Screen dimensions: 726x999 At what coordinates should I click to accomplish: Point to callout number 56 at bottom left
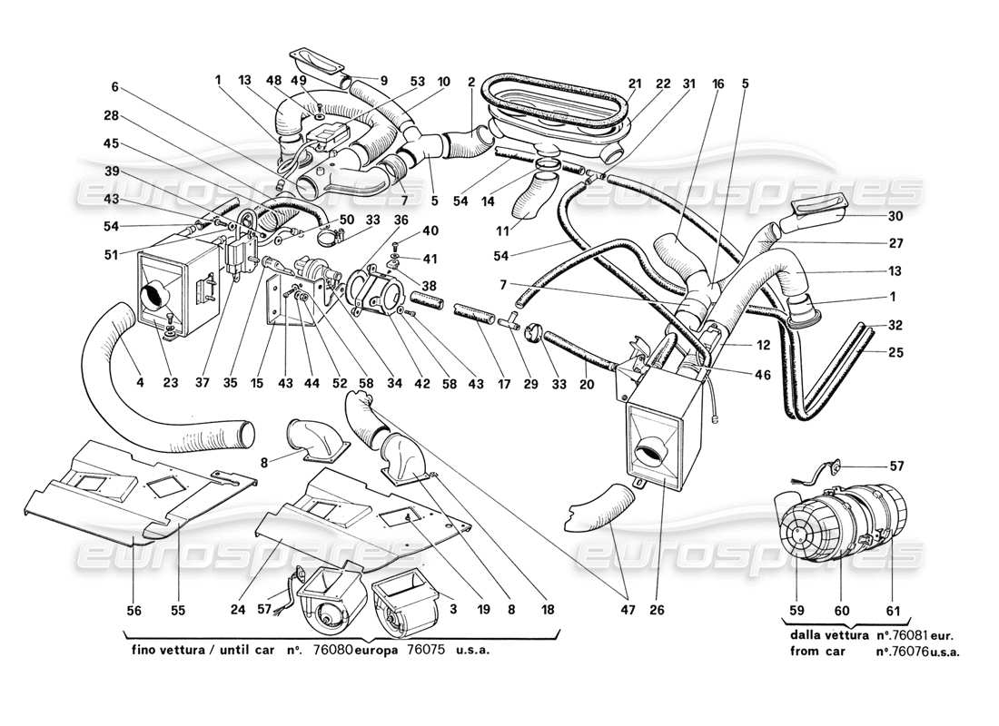[x=134, y=612]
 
